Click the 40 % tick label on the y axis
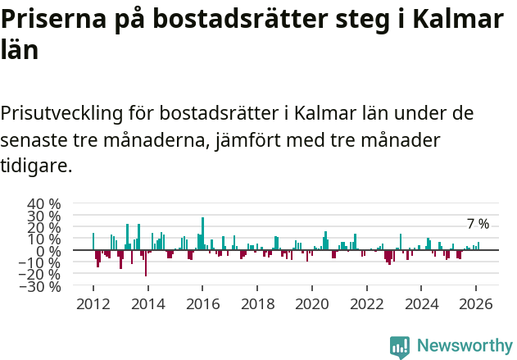click(44, 203)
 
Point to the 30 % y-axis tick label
click(44, 216)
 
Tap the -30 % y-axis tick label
click(41, 287)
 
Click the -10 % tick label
click(41, 263)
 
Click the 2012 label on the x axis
click(93, 303)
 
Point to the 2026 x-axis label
click(477, 303)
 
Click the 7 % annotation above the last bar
click(478, 224)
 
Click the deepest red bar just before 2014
click(146, 263)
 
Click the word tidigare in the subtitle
click(34, 166)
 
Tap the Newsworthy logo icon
click(400, 346)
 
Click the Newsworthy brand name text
click(464, 346)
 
